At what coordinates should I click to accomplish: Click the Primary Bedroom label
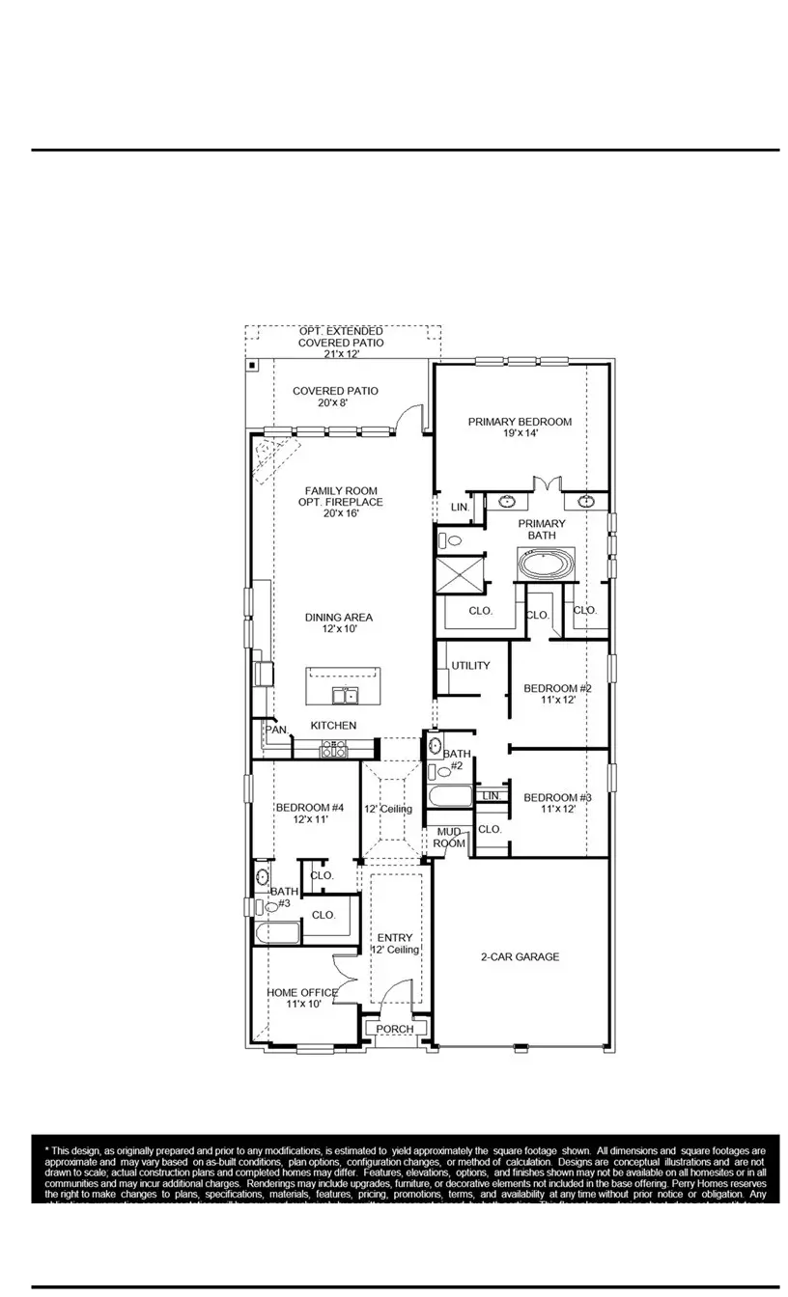[520, 428]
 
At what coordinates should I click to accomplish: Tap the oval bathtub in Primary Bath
[546, 563]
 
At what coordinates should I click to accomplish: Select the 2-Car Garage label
[520, 957]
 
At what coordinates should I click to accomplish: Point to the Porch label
[395, 1029]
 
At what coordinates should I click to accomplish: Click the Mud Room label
[450, 837]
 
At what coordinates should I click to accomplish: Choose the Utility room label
[470, 666]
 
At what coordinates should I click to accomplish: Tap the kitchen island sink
[344, 695]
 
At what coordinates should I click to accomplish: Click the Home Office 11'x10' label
[301, 998]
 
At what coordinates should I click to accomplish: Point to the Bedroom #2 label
[556, 694]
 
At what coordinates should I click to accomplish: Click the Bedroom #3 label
[556, 803]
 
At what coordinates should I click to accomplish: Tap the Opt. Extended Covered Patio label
[340, 343]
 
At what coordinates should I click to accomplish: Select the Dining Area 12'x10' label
[338, 623]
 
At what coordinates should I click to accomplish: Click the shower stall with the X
[461, 576]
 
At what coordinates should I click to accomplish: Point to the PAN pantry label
[276, 731]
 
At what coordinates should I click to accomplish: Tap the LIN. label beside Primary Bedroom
[460, 507]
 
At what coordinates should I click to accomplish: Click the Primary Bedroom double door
[547, 483]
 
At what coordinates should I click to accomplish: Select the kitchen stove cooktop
[334, 749]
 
